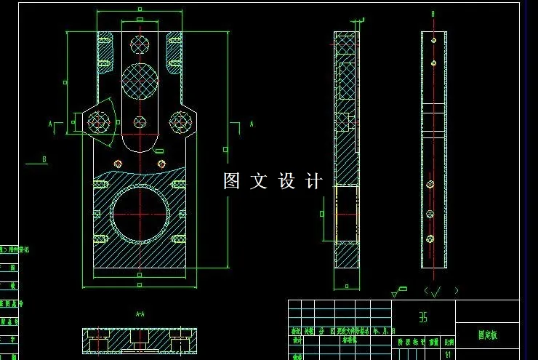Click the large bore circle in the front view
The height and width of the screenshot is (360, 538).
pos(140,214)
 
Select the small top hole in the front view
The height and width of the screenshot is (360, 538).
pos(140,44)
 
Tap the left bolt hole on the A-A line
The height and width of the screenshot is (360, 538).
pos(99,123)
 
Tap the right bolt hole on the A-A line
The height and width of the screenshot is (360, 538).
pos(179,123)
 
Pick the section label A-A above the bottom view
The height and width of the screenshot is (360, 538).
pos(140,314)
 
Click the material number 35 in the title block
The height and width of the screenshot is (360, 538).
pos(423,318)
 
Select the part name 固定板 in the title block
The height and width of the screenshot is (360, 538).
pos(487,335)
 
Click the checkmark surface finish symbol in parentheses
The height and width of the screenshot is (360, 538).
pos(434,291)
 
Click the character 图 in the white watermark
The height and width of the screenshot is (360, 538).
pos(231,181)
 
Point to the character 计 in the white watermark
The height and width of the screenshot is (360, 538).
pos(313,181)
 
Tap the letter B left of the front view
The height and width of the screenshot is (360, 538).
pos(44,159)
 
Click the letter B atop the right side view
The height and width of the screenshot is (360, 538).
pos(433,14)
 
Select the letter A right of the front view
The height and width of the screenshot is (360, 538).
pos(252,124)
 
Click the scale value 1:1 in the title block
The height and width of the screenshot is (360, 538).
pos(449,355)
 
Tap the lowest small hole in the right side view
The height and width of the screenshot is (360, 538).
pos(430,238)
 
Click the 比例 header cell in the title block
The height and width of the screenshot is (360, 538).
pos(449,341)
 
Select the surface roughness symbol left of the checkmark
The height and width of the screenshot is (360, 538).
pos(398,292)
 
